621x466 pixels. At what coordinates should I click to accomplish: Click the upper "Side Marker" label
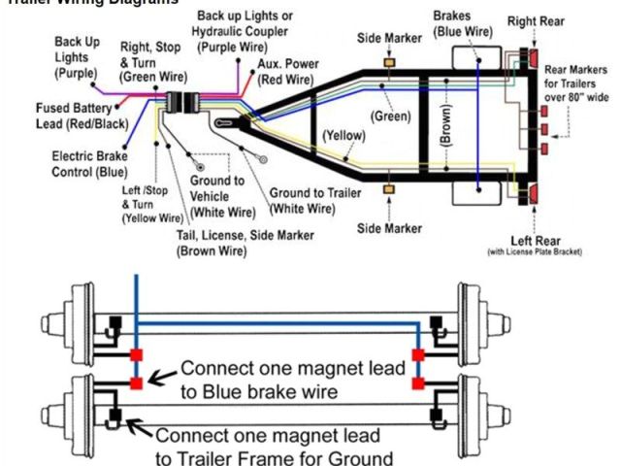tap(390, 37)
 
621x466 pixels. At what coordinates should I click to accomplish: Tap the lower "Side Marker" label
tap(390, 228)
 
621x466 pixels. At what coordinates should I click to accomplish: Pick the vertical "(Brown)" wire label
tap(446, 124)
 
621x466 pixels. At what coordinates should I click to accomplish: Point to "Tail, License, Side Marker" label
tap(224, 243)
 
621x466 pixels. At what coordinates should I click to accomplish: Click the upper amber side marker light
tap(390, 62)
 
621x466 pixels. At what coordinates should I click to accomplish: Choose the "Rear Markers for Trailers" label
tap(575, 83)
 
